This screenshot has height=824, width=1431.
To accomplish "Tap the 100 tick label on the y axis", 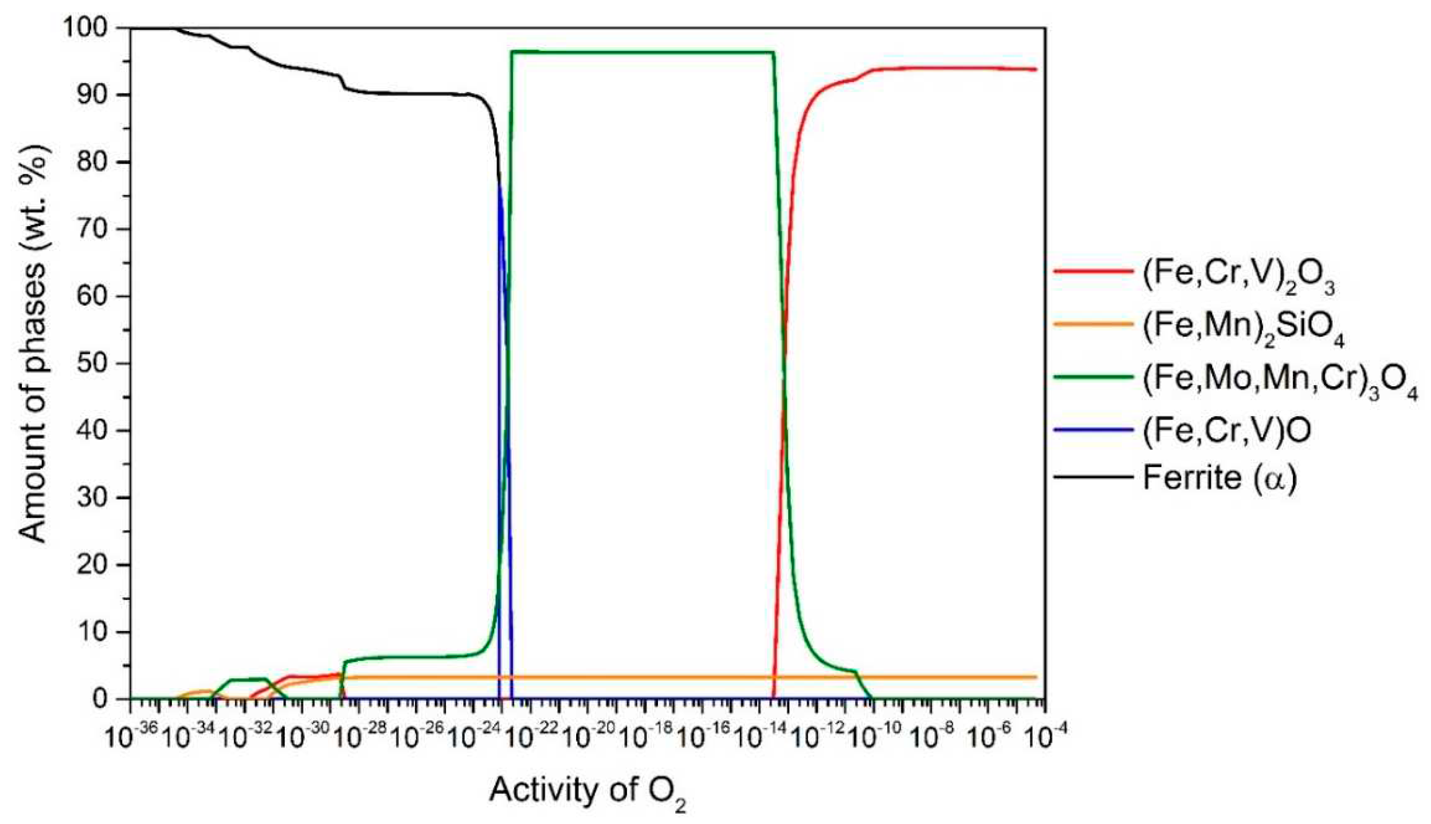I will pos(93,28).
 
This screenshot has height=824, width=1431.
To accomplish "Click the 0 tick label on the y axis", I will pos(109,699).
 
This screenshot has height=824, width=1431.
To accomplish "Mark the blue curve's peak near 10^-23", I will pos(499,184).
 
